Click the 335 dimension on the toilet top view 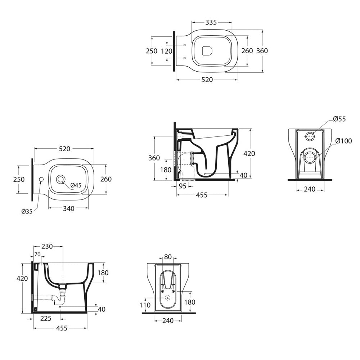click(211, 22)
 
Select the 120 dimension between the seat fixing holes click(166, 51)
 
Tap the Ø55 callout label click(339, 119)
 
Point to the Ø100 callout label click(344, 141)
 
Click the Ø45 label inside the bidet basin click(76, 185)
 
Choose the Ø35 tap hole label click(27, 212)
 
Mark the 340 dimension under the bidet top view click(68, 208)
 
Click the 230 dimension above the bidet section click(47, 246)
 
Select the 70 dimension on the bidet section click(37, 255)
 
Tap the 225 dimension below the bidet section click(46, 318)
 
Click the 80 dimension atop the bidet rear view click(168, 257)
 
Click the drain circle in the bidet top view click(61, 178)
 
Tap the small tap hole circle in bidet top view click(41, 179)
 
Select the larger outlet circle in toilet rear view click(309, 157)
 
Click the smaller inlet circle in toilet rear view click(310, 136)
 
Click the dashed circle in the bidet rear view click(167, 298)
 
